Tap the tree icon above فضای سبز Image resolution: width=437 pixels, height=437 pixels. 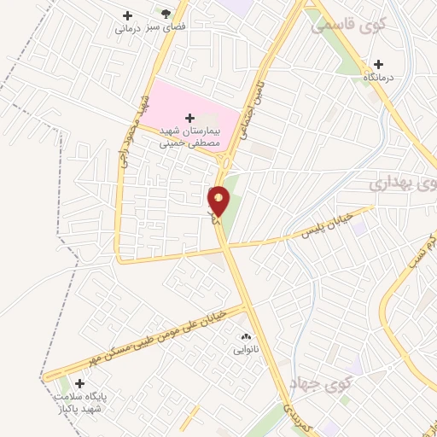pyautogui.click(x=166, y=14)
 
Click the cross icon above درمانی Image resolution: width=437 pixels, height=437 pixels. pyautogui.click(x=128, y=15)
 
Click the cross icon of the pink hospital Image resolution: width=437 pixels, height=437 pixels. pyautogui.click(x=189, y=116)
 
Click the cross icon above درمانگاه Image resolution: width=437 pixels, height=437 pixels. pyautogui.click(x=378, y=63)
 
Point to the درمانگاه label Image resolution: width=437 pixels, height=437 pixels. pyautogui.click(x=382, y=78)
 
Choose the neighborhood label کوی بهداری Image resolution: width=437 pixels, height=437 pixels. pyautogui.click(x=405, y=183)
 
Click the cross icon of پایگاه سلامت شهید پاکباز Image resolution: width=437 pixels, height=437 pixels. pyautogui.click(x=80, y=383)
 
